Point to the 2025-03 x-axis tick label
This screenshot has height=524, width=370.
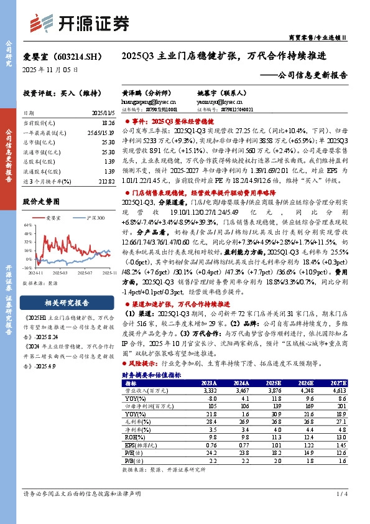click(x=60, y=273)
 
